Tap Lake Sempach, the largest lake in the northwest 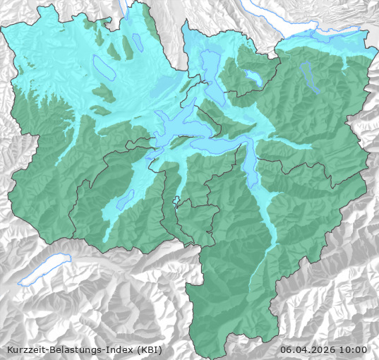(x=102, y=67)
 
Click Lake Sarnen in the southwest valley (x=126, y=200)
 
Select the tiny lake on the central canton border (x=176, y=200)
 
